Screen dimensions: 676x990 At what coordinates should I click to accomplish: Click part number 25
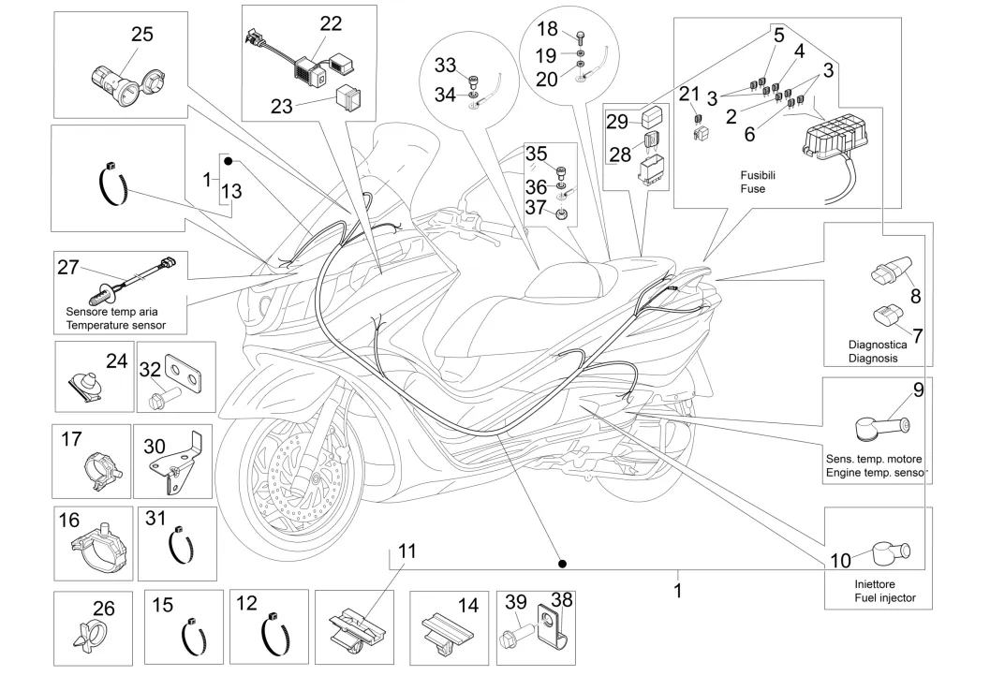click(141, 35)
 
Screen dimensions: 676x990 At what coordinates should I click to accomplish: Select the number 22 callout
click(331, 23)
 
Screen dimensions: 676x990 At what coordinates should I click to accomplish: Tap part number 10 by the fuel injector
click(840, 561)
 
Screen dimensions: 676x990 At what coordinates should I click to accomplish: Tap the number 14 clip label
click(467, 606)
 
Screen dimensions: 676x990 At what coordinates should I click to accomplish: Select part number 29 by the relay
click(617, 122)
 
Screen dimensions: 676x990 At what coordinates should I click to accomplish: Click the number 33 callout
click(446, 65)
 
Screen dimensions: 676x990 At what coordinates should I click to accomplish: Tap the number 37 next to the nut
click(535, 206)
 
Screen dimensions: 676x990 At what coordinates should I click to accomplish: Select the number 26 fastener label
click(103, 609)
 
